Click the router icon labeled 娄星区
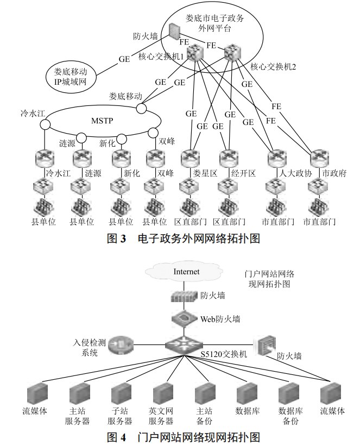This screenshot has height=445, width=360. pos(190,158)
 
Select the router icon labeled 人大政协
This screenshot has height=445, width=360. pos(276,158)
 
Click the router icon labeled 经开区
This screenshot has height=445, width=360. pos(228,158)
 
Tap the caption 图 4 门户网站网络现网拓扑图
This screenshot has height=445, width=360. pos(180,437)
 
